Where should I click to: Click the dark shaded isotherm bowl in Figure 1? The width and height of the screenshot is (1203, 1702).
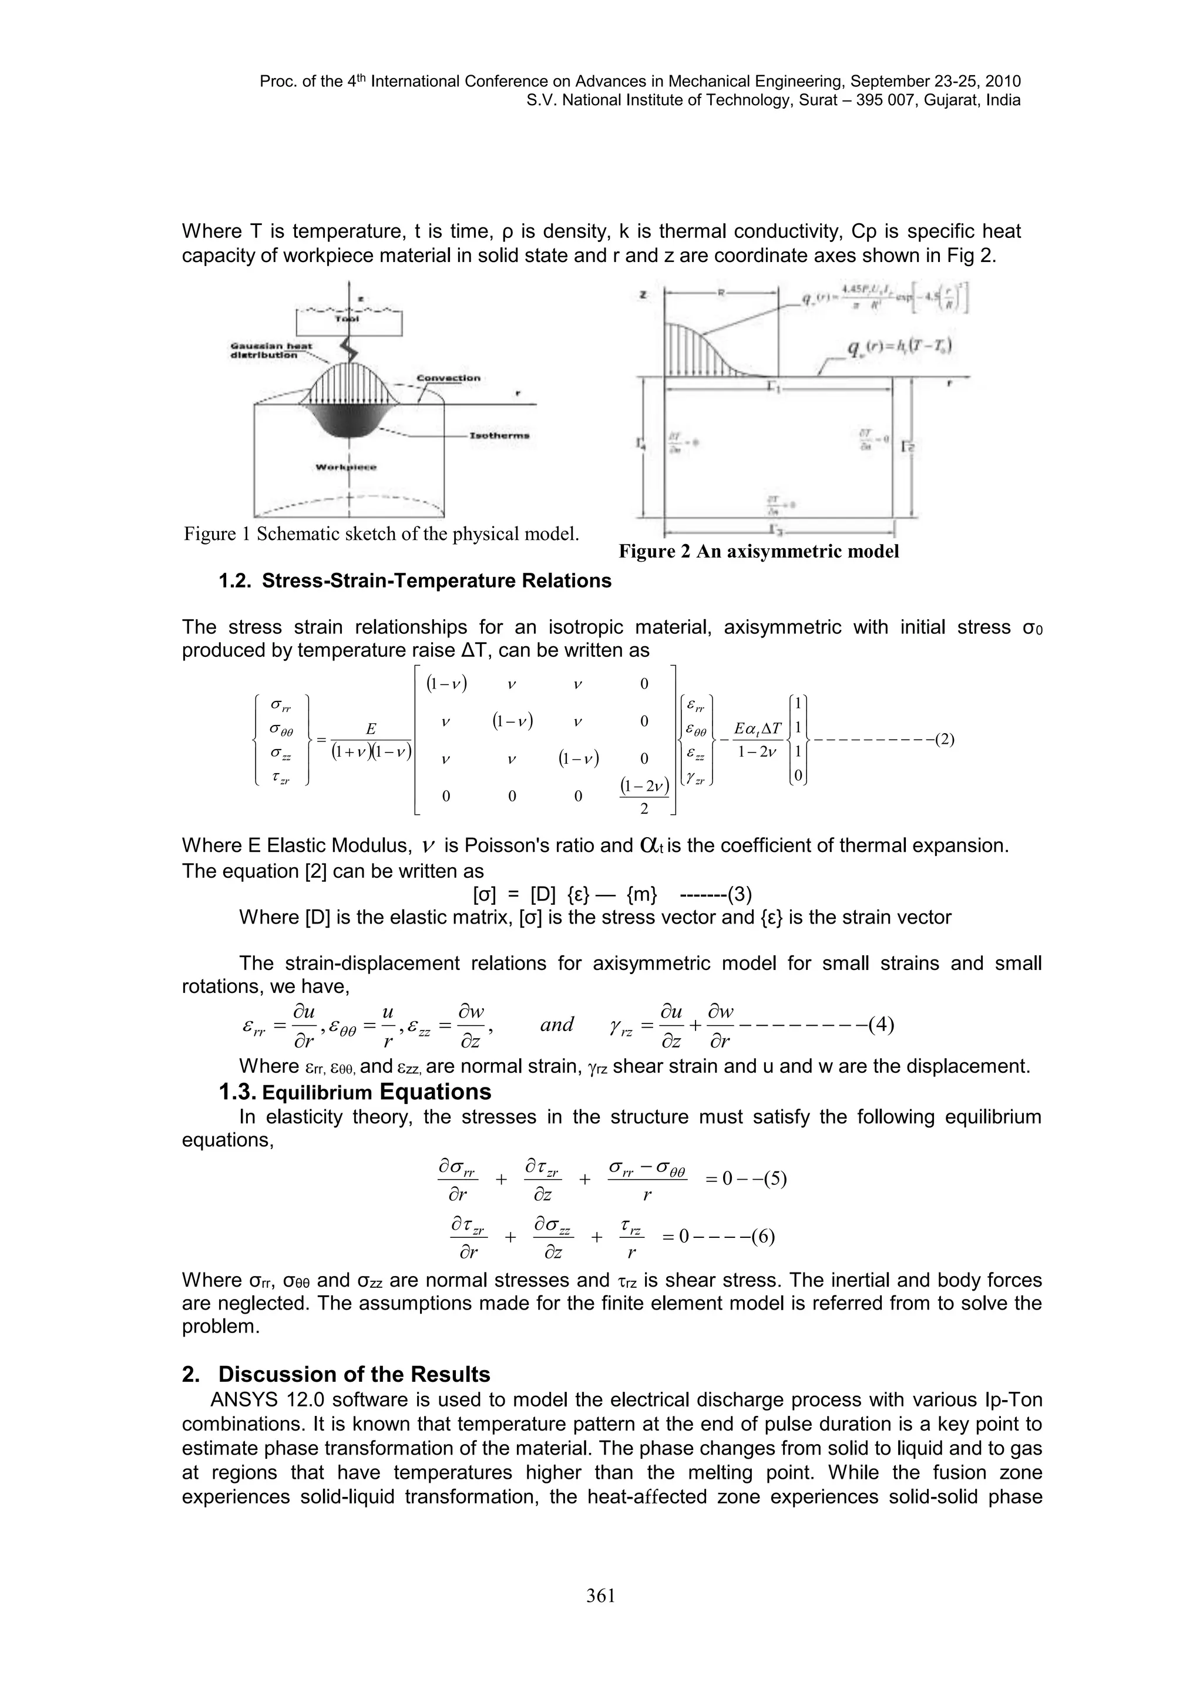pyautogui.click(x=348, y=422)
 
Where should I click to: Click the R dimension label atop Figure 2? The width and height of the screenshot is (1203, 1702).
pyautogui.click(x=721, y=294)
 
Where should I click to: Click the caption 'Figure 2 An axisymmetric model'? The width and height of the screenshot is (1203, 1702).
pyautogui.click(x=758, y=552)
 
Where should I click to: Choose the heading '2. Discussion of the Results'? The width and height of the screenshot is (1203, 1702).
pyautogui.click(x=336, y=1374)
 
